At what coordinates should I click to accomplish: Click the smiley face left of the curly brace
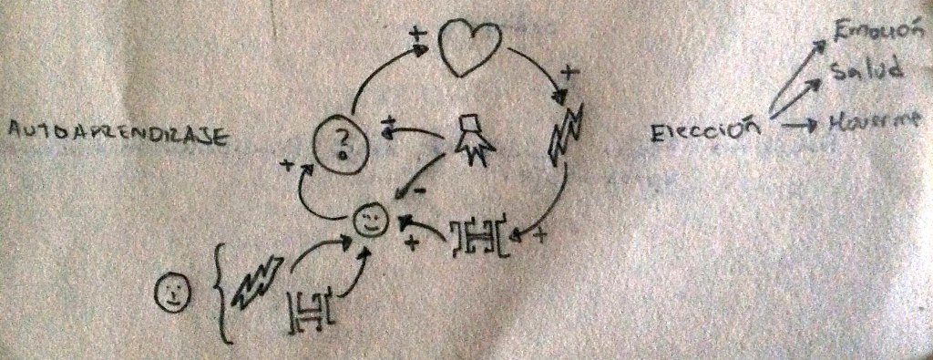coord(173,292)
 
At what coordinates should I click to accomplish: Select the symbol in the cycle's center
coord(471,137)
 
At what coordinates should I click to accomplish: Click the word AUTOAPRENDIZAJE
coord(116,136)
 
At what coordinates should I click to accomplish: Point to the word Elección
coord(705,129)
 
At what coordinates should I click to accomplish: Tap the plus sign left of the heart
coord(417,36)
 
